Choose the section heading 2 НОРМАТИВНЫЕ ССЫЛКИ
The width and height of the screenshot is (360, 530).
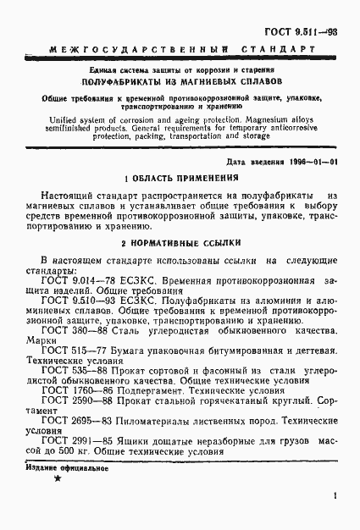click(180, 241)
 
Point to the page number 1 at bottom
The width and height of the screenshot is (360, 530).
click(335, 499)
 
